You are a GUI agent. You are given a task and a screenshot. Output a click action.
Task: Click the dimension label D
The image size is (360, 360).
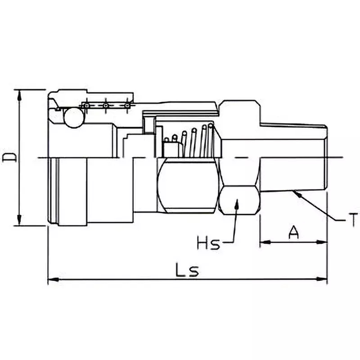tap(10, 157)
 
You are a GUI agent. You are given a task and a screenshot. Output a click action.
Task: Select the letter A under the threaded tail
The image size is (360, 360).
tap(293, 233)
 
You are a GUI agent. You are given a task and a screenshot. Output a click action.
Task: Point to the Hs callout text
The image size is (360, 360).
tap(208, 244)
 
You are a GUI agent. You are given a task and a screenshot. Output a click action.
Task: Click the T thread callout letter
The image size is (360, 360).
tap(354, 220)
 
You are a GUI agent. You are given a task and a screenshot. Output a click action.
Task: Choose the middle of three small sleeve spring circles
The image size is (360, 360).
tap(105, 106)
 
